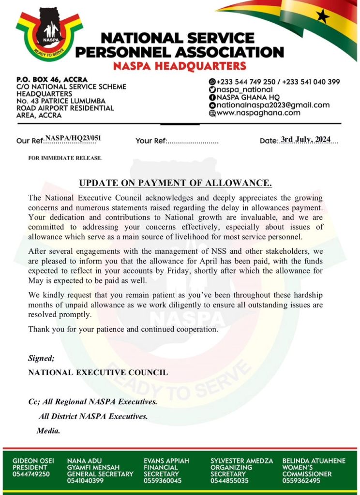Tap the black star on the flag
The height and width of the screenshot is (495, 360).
pos(322,17)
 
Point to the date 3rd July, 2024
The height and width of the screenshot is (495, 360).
pos(306,140)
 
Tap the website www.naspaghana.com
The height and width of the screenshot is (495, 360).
pos(258,113)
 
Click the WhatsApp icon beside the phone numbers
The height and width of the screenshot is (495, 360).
pos(212,82)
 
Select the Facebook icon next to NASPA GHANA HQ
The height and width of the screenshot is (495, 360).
pos(212,97)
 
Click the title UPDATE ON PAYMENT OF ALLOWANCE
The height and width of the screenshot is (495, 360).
pos(176,183)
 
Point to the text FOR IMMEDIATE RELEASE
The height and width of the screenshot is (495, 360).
pos(65,158)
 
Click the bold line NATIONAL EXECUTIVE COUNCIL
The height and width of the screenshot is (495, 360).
pos(98,373)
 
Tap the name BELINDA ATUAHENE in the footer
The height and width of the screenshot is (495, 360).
pos(314,461)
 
